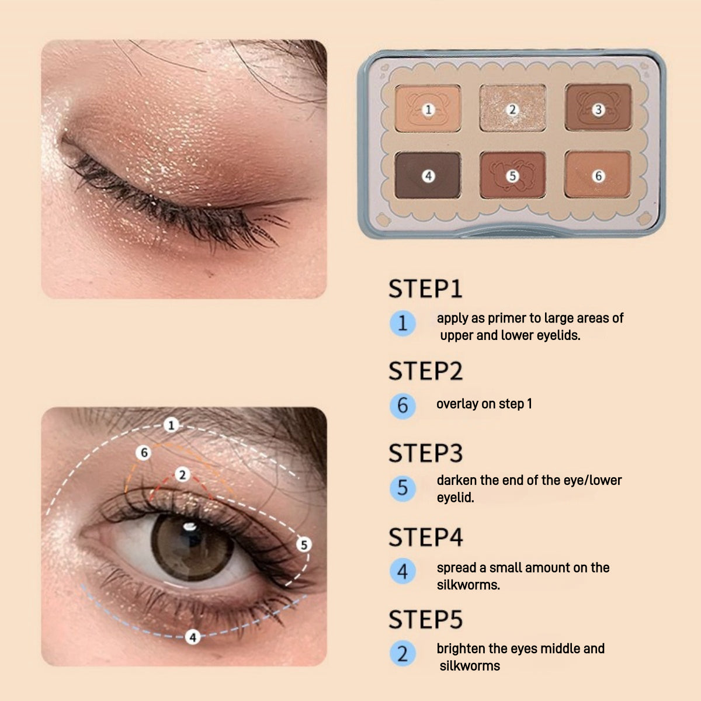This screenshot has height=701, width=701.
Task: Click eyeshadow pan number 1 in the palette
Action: point(428,109)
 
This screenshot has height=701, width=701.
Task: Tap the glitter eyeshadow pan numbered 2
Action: point(512,109)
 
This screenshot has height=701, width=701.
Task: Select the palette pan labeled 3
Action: point(597,109)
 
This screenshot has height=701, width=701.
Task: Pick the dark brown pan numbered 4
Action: point(428,175)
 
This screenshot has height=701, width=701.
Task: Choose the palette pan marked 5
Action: point(512,175)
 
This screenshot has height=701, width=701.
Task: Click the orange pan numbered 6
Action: point(597,175)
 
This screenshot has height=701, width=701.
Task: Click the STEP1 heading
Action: point(425,289)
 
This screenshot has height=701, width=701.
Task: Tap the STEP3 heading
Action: point(425,453)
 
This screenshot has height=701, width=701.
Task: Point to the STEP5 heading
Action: point(425,619)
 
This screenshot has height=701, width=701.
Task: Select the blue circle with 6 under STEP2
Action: point(402,405)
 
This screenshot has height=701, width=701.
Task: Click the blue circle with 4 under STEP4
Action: point(402,571)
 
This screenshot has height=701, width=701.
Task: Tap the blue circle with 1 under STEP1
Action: point(402,323)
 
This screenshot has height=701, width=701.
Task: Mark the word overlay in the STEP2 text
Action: point(457,404)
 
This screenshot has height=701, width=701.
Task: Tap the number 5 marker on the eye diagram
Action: point(303,545)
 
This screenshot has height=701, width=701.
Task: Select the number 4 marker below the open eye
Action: point(193,637)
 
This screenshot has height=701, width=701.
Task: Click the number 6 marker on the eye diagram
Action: point(144,453)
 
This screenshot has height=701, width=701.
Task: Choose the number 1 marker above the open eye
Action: point(171,425)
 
